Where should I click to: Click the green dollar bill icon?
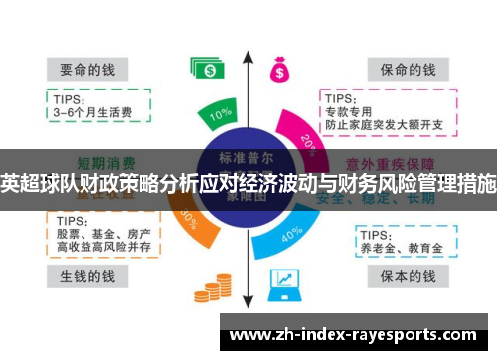pyautogui.click(x=208, y=68)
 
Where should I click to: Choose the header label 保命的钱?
pyautogui.click(x=402, y=70)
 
